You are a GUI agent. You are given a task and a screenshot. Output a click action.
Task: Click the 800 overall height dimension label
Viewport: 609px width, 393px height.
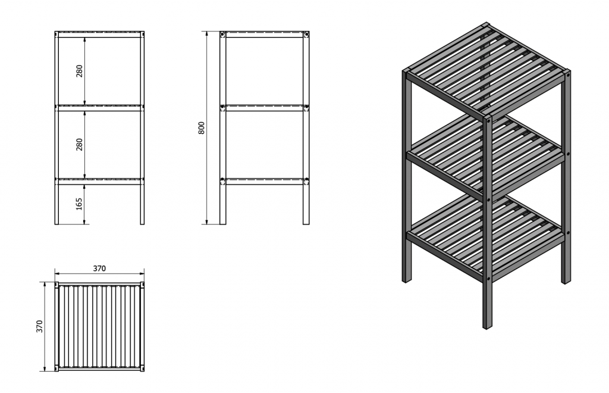click(201, 128)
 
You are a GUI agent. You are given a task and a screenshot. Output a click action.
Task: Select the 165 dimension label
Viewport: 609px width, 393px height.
click(79, 204)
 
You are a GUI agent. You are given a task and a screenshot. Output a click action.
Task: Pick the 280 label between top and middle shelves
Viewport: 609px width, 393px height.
click(79, 71)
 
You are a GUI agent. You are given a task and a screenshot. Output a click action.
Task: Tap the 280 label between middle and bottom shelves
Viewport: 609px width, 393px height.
click(79, 145)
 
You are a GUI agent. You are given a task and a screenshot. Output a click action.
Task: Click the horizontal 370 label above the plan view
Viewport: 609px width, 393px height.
click(99, 268)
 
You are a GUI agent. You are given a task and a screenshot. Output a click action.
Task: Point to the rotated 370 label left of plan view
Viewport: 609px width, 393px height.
click(39, 326)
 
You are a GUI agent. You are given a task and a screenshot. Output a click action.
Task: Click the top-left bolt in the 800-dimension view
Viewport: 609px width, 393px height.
click(222, 35)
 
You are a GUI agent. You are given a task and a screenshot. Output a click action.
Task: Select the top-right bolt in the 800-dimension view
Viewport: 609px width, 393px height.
click(306, 35)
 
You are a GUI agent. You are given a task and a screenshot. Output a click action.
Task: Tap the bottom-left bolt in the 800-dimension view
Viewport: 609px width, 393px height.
click(222, 180)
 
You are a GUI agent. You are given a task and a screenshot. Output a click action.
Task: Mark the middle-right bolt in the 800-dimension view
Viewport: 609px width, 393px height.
click(306, 107)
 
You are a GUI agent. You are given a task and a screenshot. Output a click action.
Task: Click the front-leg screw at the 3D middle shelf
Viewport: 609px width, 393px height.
click(489, 199)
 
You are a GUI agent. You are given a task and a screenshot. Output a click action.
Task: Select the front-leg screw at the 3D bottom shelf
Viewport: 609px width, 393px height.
click(489, 278)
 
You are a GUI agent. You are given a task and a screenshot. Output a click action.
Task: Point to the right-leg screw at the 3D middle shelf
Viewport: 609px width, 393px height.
click(568, 154)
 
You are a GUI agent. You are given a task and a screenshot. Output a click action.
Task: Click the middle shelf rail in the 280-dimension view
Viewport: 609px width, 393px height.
click(99, 108)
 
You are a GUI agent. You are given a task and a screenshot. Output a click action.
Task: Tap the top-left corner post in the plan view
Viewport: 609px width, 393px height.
click(56, 285)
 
